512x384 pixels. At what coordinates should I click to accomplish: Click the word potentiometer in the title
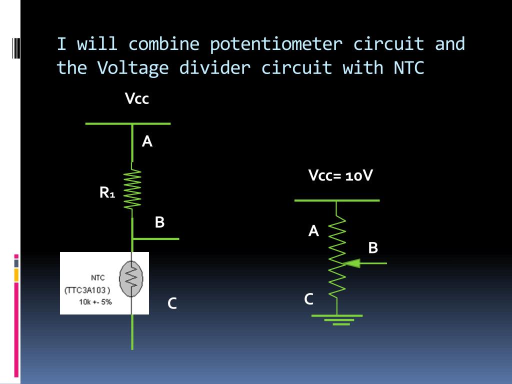tap(276, 44)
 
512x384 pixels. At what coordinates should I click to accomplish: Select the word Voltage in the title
tap(132, 67)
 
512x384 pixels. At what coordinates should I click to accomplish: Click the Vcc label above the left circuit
tap(137, 99)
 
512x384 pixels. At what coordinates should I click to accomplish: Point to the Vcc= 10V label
tap(340, 176)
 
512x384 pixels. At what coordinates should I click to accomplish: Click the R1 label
tap(107, 192)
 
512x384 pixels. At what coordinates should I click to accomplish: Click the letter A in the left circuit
tap(147, 142)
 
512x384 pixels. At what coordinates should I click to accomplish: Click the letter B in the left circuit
tap(159, 222)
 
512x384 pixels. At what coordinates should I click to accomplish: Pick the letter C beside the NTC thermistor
tap(172, 303)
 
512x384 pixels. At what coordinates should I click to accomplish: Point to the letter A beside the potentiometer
tap(313, 231)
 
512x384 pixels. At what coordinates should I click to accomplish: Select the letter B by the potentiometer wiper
tap(373, 247)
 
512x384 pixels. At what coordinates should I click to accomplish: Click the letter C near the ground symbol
tap(309, 299)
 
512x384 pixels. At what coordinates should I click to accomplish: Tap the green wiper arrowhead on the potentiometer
tap(352, 262)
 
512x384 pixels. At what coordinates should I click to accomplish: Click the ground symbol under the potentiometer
tap(337, 319)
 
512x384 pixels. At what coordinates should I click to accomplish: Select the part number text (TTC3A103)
tap(87, 290)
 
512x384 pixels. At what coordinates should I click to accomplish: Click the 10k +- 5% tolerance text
tap(95, 301)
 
